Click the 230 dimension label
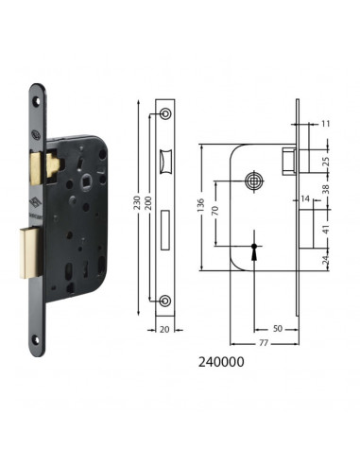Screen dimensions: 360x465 (136, 204)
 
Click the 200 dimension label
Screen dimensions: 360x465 (148, 203)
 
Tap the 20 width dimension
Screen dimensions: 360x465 (164, 330)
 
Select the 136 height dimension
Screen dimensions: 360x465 (201, 205)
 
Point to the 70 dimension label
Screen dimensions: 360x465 (215, 211)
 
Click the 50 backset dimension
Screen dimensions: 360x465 (278, 329)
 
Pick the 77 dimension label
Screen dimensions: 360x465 (264, 342)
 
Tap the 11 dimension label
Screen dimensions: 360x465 (326, 124)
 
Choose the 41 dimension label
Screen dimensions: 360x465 (326, 229)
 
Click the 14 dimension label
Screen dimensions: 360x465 (305, 198)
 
